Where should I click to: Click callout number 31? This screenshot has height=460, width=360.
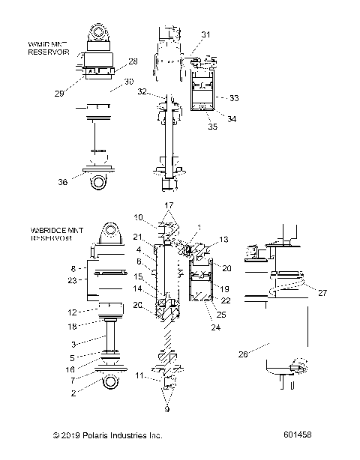(x=206, y=34)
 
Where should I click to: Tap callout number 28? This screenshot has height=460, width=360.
(x=133, y=61)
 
